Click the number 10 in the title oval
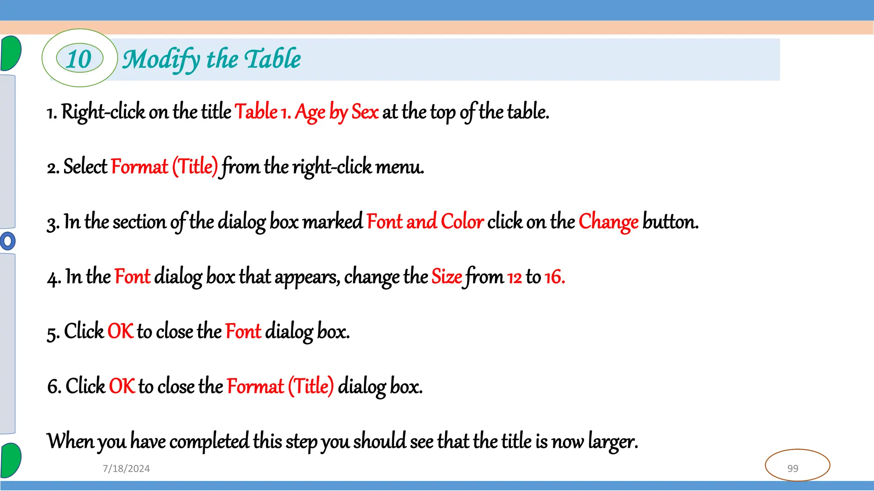click(79, 59)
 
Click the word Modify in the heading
click(161, 60)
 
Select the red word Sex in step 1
click(365, 112)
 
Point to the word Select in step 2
click(85, 167)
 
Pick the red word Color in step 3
click(462, 222)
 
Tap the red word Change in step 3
click(608, 222)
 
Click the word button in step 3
click(670, 222)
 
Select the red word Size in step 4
click(446, 277)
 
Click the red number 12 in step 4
click(514, 277)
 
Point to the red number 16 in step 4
click(554, 277)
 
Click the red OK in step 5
click(120, 331)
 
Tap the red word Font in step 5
click(243, 331)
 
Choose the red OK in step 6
click(122, 386)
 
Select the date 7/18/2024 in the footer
click(126, 468)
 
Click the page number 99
click(792, 468)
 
